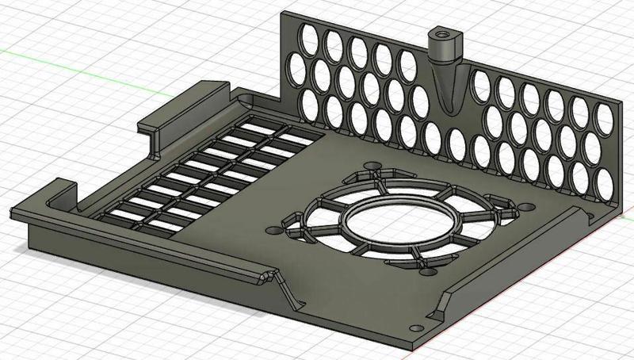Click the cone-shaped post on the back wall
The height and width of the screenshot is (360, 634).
(444, 75)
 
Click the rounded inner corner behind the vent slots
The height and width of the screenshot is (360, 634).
(247, 101)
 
